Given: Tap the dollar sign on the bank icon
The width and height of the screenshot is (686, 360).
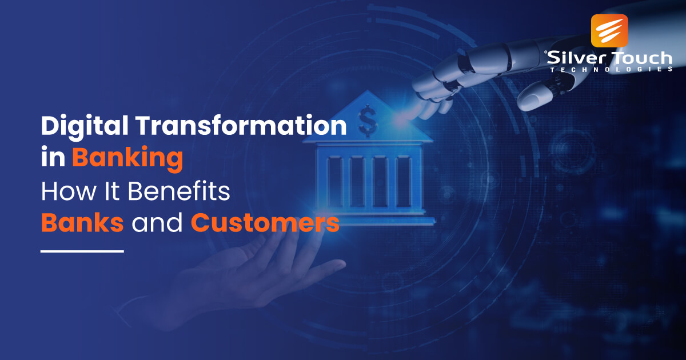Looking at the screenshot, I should tap(367, 119).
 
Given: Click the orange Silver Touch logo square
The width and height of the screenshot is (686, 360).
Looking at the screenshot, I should tap(609, 30).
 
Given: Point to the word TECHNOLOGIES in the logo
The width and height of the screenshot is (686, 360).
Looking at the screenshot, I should tap(610, 69).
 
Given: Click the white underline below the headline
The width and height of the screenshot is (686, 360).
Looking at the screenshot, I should tap(82, 250).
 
